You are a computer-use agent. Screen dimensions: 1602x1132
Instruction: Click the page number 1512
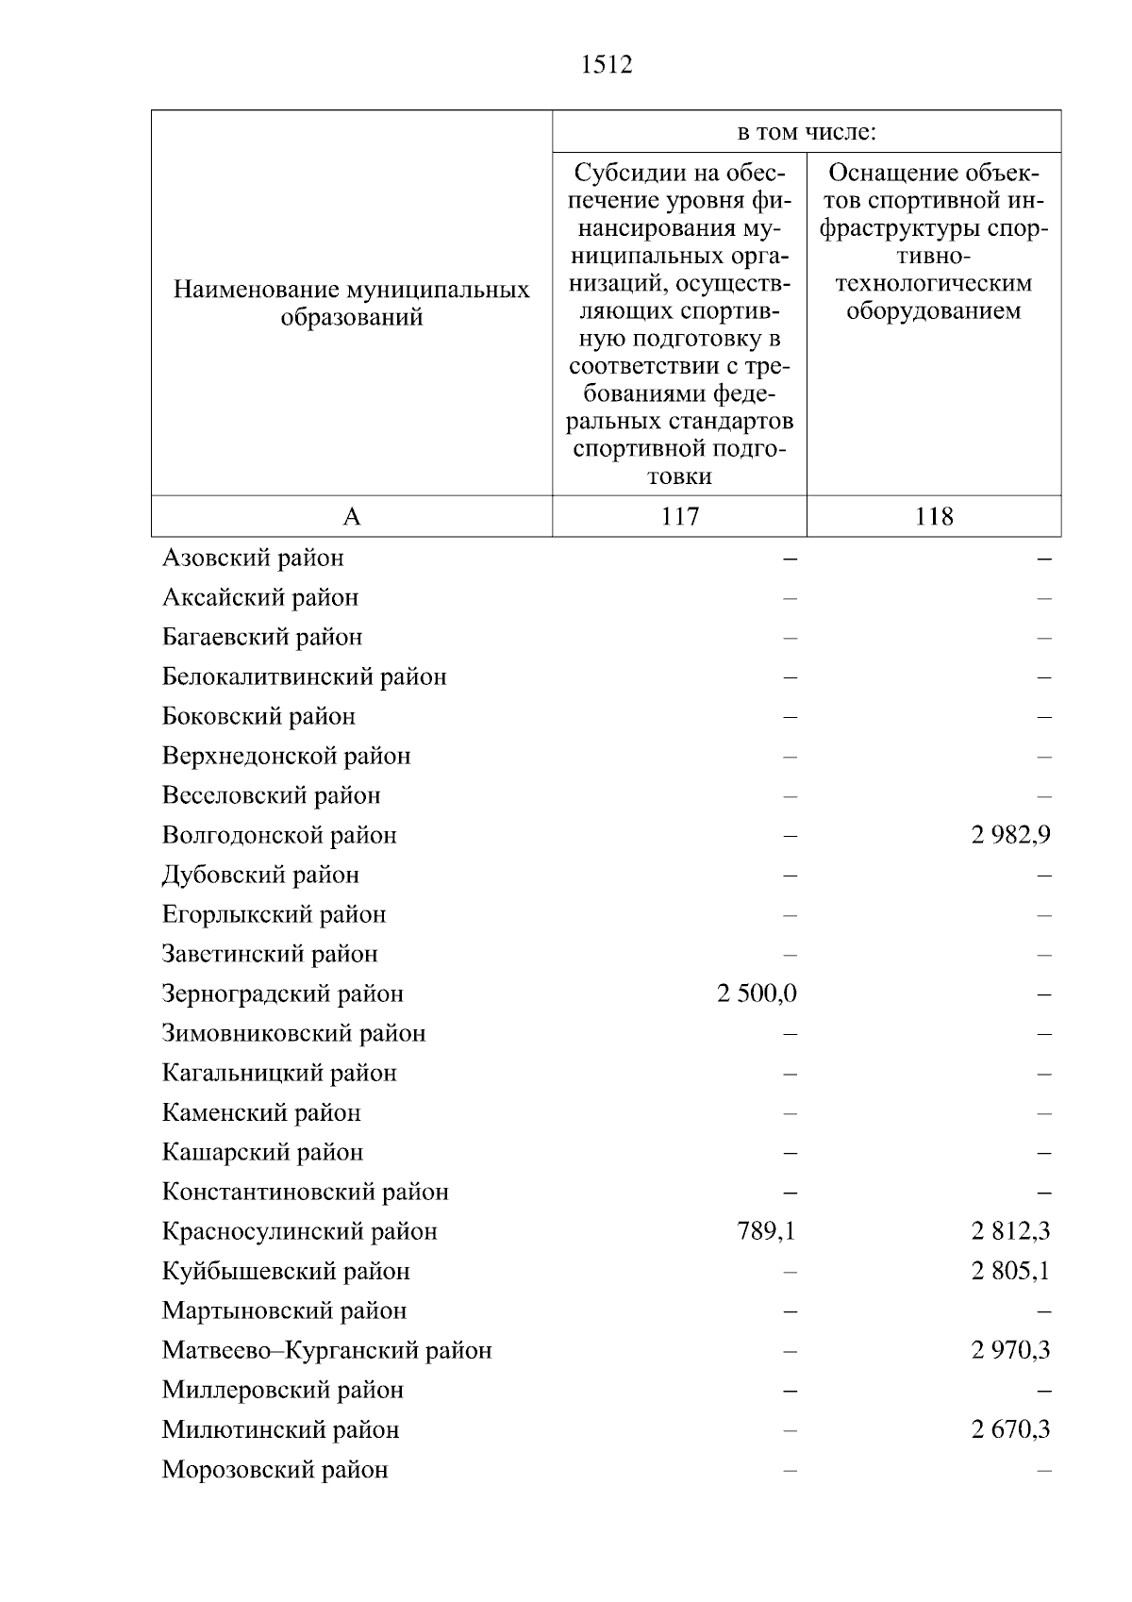point(607,65)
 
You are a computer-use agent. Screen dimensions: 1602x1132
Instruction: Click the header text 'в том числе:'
point(807,132)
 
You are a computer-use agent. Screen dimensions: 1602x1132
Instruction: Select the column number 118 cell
point(934,516)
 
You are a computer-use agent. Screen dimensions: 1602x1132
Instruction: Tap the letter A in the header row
point(351,516)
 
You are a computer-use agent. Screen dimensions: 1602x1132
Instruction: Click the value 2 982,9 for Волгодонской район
point(1010,835)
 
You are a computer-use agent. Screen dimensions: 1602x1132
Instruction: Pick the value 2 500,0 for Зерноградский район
point(757,993)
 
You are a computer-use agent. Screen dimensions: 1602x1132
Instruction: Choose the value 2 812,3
point(1010,1231)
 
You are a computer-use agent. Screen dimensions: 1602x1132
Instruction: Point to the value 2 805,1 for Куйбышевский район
point(1010,1271)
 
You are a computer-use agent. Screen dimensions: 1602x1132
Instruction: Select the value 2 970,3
point(1010,1350)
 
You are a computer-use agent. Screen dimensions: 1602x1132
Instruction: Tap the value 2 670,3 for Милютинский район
point(1010,1429)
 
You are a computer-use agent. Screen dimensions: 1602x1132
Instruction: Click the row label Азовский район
point(253,558)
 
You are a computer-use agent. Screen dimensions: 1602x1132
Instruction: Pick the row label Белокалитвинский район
point(304,676)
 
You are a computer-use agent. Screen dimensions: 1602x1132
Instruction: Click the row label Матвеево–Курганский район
point(326,1350)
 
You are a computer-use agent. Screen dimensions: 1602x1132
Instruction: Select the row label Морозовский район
point(275,1470)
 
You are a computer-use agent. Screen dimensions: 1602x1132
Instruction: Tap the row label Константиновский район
point(305,1192)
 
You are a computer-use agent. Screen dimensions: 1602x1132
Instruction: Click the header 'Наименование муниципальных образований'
point(351,303)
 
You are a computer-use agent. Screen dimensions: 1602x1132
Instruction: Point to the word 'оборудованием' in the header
point(933,310)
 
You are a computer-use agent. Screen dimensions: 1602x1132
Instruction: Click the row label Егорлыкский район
point(274,914)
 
